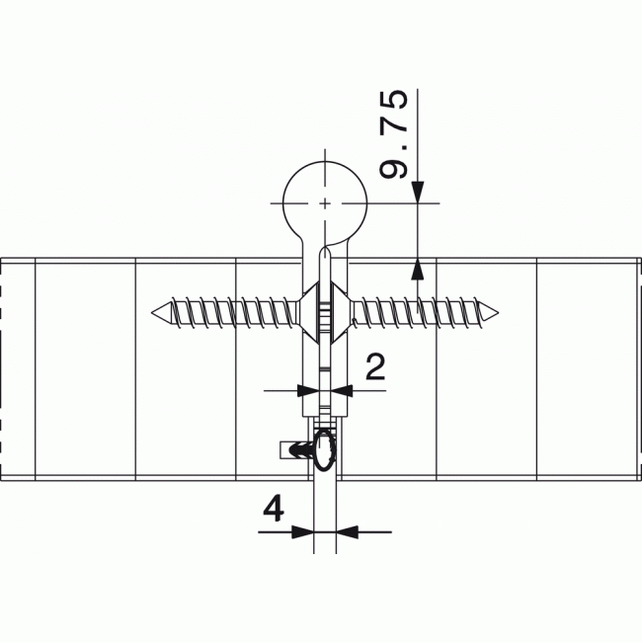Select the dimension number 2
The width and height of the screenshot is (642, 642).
(375, 367)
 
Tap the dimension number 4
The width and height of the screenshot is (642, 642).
(275, 510)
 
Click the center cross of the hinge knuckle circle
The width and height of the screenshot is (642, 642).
(324, 203)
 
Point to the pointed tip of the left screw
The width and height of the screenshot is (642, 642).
(155, 313)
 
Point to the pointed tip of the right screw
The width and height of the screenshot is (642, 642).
(494, 313)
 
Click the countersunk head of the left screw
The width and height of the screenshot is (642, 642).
(307, 313)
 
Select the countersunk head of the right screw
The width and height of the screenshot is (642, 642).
(342, 313)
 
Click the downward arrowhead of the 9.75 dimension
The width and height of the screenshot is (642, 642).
(418, 193)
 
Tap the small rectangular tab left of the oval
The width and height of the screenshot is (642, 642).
(294, 450)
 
